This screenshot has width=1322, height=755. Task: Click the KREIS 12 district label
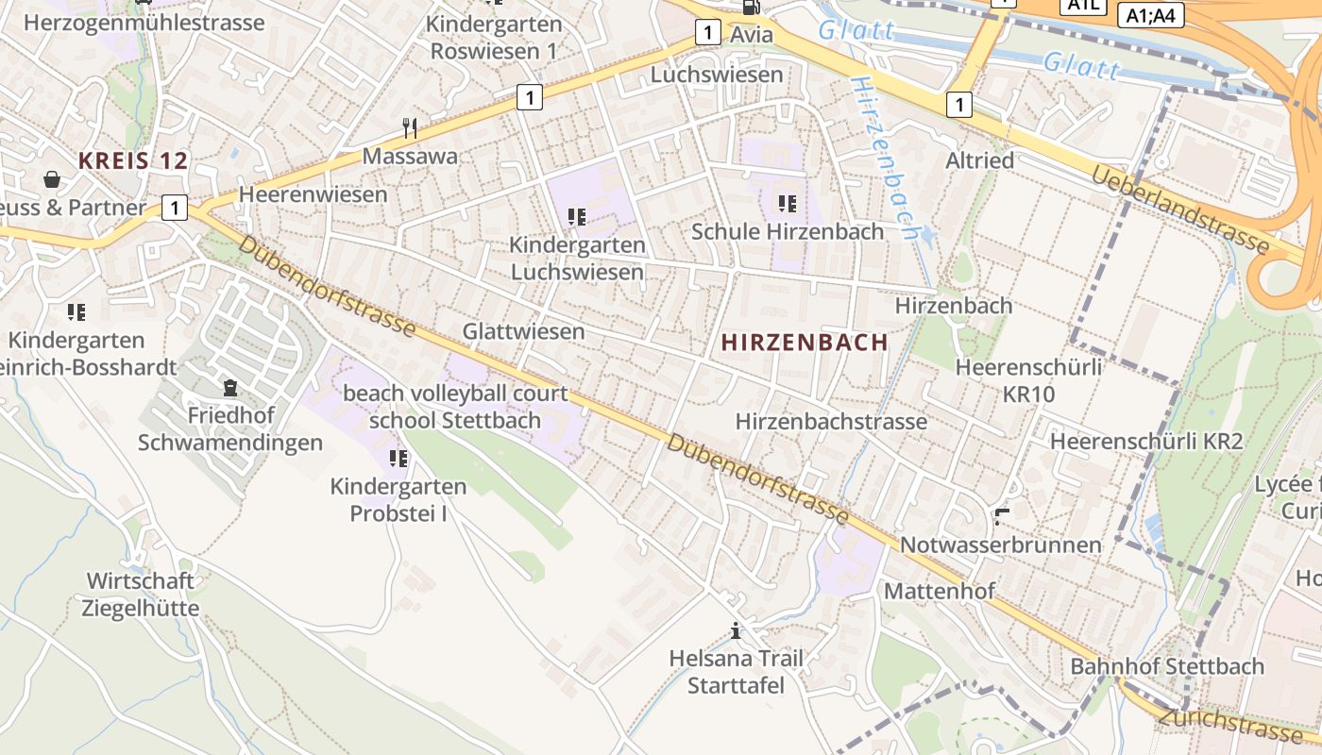point(133,160)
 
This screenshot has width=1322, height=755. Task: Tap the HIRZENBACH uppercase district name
point(805,343)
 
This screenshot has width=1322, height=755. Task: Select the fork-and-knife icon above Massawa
point(410,128)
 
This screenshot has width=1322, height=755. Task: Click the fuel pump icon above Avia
point(751,8)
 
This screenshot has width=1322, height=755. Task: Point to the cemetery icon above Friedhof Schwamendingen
point(229,388)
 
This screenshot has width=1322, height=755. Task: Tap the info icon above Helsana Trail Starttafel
point(736,630)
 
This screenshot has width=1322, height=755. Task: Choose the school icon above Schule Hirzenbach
point(788,203)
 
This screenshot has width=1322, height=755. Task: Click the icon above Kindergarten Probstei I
point(398,459)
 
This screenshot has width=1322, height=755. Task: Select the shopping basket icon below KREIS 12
point(52,178)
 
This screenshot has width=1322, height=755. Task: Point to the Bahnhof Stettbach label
point(1166,666)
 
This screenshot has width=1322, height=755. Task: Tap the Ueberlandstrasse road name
point(1180,210)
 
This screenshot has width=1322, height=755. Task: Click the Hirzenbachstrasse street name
point(831,421)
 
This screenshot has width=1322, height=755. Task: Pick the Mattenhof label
point(939,592)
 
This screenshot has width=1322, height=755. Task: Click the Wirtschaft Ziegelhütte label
point(141,594)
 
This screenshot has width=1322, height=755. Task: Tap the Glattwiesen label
point(523,331)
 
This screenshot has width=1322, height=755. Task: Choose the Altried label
point(979,160)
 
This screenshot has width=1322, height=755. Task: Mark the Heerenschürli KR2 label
point(1146,441)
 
